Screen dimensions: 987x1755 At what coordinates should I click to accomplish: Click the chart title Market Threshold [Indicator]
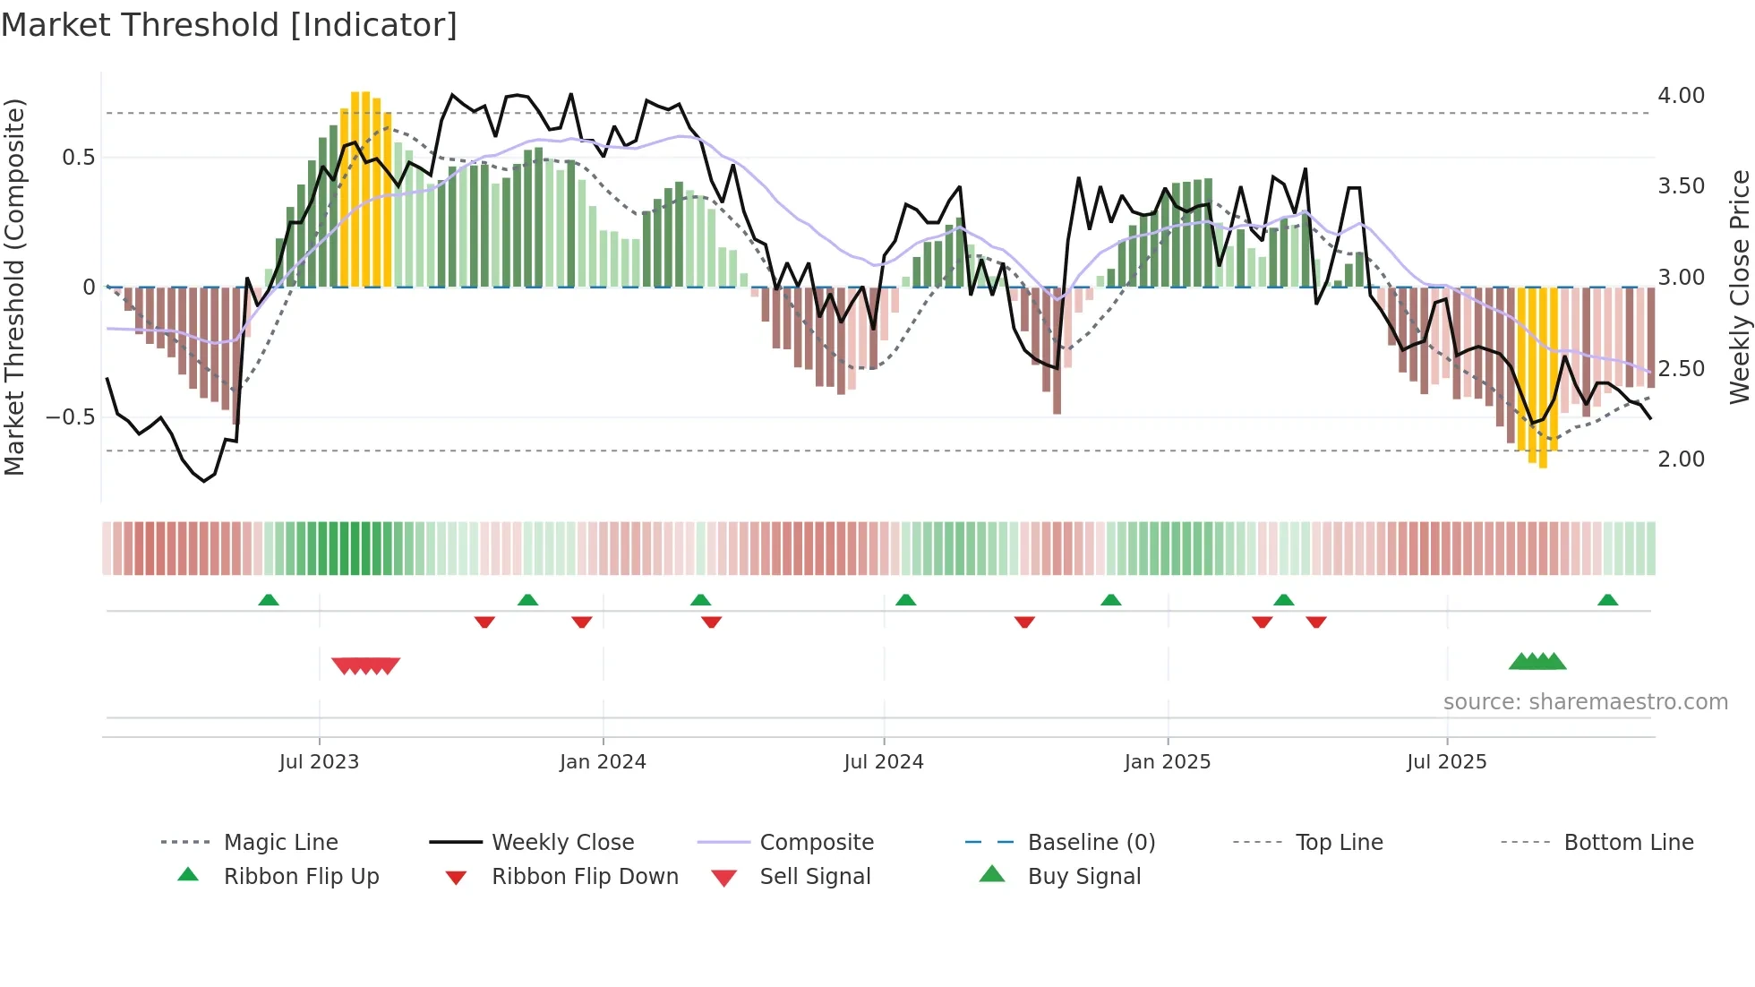click(x=229, y=25)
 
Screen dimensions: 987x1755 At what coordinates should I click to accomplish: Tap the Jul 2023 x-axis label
click(x=319, y=762)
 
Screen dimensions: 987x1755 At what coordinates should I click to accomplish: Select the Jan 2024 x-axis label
click(x=603, y=762)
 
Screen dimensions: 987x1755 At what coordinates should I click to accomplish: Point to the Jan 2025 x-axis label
click(x=1168, y=762)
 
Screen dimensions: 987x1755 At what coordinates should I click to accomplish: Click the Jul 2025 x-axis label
click(x=1446, y=762)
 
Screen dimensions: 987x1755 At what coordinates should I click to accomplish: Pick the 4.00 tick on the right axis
click(x=1681, y=96)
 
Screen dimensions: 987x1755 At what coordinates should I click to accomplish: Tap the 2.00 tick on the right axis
click(x=1681, y=459)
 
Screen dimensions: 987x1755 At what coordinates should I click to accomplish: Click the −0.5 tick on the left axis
click(x=70, y=417)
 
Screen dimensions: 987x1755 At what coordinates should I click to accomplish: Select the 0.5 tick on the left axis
click(x=78, y=158)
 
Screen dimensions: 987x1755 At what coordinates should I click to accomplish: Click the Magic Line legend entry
click(x=280, y=843)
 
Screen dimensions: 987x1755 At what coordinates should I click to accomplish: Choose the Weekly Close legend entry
click(x=562, y=843)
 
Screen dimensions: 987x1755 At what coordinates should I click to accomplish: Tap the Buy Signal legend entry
click(x=1083, y=877)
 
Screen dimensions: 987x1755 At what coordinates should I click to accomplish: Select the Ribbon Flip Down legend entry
click(x=585, y=877)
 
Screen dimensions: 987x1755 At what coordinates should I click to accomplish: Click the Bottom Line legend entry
click(x=1628, y=843)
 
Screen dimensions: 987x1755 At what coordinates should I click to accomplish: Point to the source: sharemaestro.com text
click(x=1585, y=702)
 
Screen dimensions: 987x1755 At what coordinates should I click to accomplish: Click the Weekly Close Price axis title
click(x=1739, y=287)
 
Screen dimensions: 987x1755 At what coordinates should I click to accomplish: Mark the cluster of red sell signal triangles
click(x=365, y=665)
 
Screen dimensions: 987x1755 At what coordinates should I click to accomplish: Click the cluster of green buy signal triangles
click(x=1537, y=662)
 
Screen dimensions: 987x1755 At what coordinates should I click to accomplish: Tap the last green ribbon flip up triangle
click(x=1607, y=600)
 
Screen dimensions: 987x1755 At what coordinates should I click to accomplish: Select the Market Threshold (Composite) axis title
click(x=14, y=287)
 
